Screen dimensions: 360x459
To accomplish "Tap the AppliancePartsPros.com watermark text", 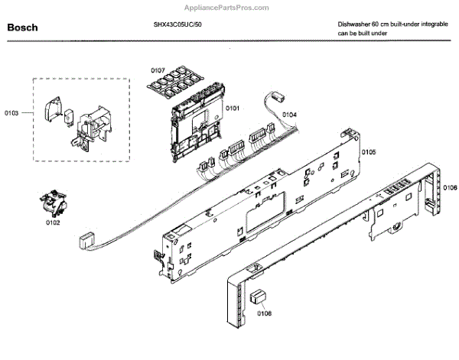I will pos(229,7).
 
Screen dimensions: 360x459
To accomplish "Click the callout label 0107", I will pos(158,70).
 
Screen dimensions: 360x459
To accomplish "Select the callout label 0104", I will pos(289,115).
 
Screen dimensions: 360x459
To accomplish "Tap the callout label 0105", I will pos(368,151).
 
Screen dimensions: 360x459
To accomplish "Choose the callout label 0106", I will pos(450,188).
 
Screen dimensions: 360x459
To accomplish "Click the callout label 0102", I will pos(53,223).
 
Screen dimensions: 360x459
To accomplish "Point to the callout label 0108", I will pos(264,313).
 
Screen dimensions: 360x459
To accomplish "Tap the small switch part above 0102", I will pos(53,205).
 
